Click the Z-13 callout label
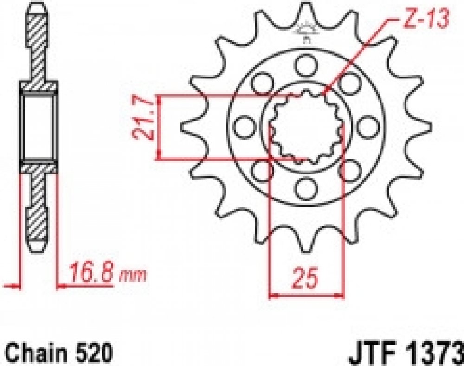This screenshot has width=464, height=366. pos(425,19)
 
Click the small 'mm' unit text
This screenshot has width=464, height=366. pos(132,276)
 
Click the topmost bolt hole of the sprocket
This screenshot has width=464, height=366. pos(306,65)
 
